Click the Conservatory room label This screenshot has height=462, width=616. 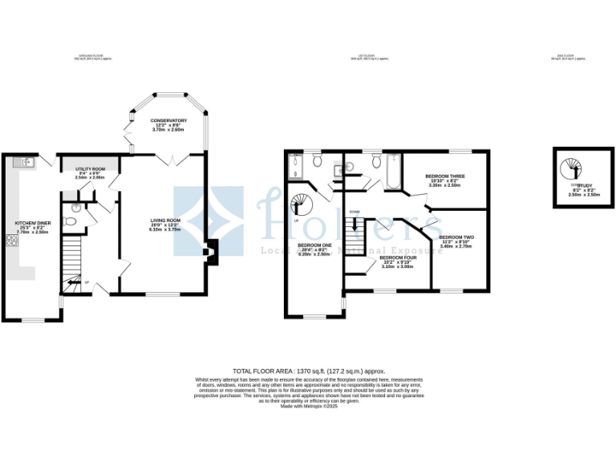168,121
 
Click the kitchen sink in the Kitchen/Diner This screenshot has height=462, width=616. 27,162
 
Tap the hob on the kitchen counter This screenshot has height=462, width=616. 13,240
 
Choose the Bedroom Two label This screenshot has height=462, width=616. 456,237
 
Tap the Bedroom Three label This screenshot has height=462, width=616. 445,176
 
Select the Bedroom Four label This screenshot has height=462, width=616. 398,257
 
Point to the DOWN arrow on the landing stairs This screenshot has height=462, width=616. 355,212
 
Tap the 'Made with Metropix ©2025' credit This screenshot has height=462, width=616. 309,407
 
